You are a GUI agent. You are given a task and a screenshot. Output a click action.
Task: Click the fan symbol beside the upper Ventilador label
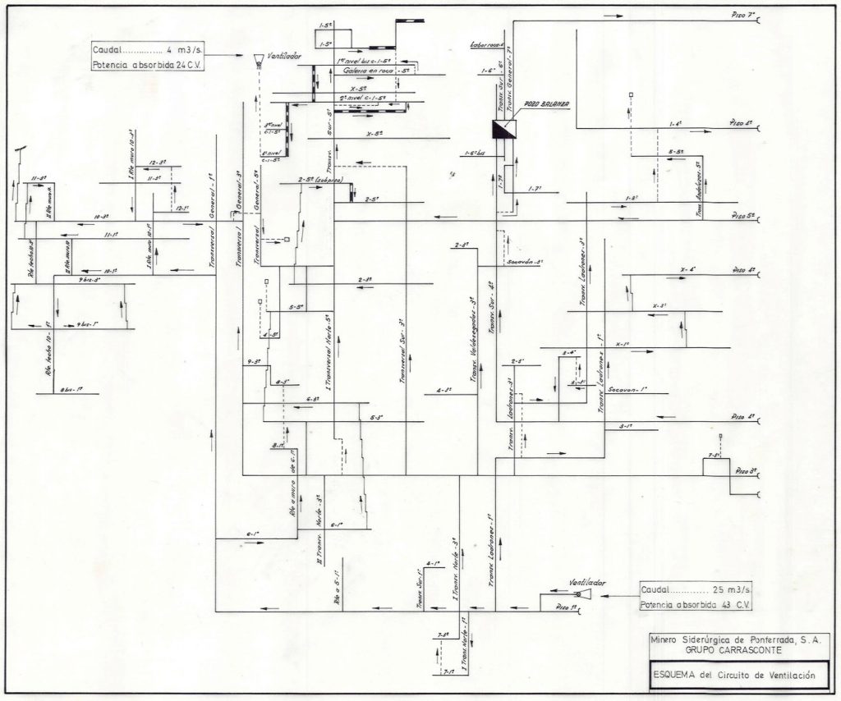pos(257,58)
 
